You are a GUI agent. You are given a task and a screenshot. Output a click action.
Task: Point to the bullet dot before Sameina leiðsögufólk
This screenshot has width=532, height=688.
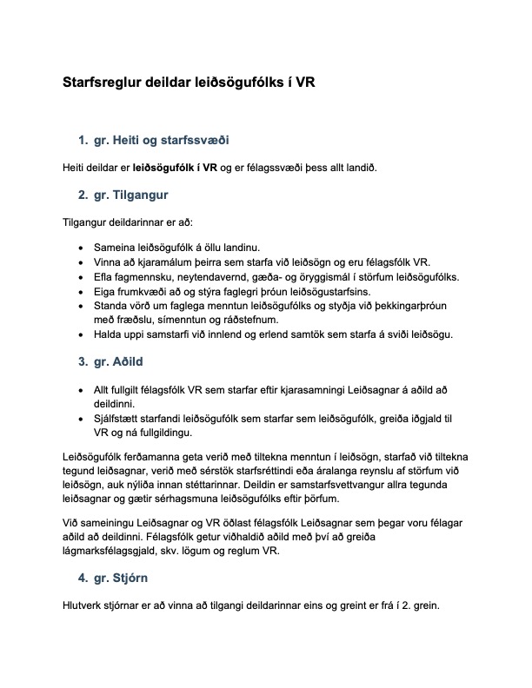pyautogui.click(x=81, y=248)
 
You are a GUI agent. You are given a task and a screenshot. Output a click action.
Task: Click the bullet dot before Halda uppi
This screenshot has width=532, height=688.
pyautogui.click(x=81, y=335)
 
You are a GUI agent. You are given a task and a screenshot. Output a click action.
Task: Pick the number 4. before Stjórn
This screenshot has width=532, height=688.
pyautogui.click(x=83, y=577)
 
